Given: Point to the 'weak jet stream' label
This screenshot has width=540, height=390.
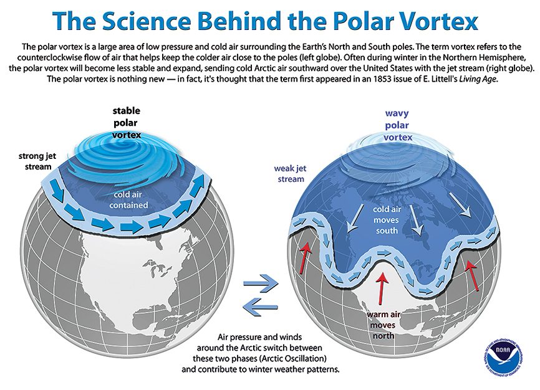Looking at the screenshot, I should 289,174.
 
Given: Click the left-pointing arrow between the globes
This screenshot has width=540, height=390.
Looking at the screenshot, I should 259,305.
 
